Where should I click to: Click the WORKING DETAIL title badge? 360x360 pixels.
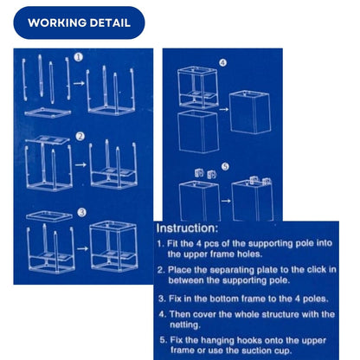pos(79,22)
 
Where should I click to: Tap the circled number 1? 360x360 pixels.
pos(79,57)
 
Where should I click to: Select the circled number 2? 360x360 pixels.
pos(80,137)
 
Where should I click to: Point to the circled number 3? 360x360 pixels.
pos(82,213)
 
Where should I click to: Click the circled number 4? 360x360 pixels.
pos(223,63)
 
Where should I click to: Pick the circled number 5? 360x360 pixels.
pos(225,166)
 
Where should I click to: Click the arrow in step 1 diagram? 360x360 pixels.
pos(79,83)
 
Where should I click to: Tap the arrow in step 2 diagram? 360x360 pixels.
pos(80,164)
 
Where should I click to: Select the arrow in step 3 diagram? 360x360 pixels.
pos(82,248)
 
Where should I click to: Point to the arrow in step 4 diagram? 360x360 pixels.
pos(224,109)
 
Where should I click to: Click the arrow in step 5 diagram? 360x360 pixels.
pos(226,201)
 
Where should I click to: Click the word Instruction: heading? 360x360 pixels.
pos(187,228)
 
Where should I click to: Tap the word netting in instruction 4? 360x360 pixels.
pos(185,325)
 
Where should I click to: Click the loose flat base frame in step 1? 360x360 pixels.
pos(48,112)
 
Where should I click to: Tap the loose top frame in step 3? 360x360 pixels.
pos(49,216)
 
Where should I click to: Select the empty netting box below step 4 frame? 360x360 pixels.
pos(199,132)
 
